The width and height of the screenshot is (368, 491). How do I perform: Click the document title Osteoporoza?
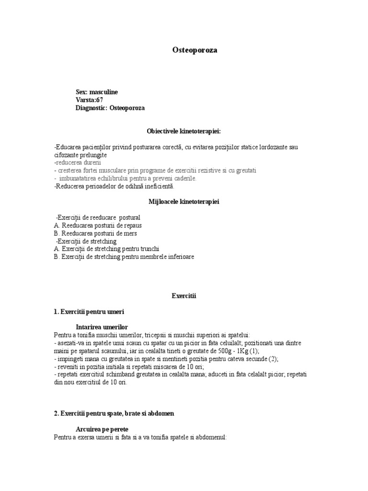[x=194, y=50]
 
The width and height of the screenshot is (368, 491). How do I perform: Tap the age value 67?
[x=100, y=100]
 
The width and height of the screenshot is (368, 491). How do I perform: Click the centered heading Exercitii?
[x=184, y=296]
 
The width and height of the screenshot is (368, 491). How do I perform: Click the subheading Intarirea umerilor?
[x=102, y=327]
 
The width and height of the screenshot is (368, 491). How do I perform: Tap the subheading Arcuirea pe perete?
[x=102, y=430]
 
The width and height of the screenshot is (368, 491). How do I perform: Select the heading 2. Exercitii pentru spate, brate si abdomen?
[x=118, y=413]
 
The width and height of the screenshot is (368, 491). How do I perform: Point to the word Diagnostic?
[x=91, y=108]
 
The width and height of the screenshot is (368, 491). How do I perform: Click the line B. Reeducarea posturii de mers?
[x=95, y=234]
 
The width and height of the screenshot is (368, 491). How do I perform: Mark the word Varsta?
[x=85, y=100]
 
